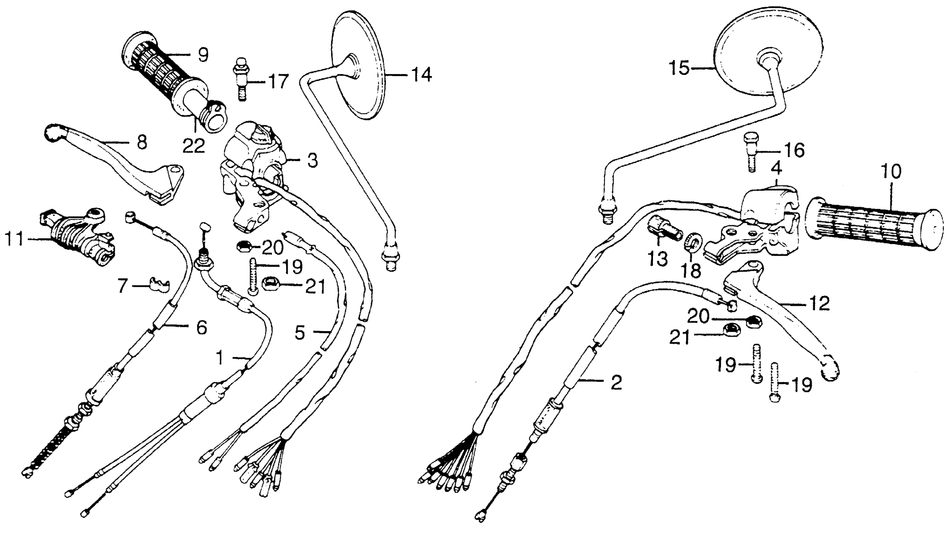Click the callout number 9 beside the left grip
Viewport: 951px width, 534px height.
click(203, 55)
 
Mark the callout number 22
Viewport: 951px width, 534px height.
click(194, 146)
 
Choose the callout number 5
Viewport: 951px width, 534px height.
click(300, 333)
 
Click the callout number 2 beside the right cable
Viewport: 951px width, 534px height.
click(616, 383)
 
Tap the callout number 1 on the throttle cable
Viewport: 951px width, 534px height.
click(220, 358)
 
